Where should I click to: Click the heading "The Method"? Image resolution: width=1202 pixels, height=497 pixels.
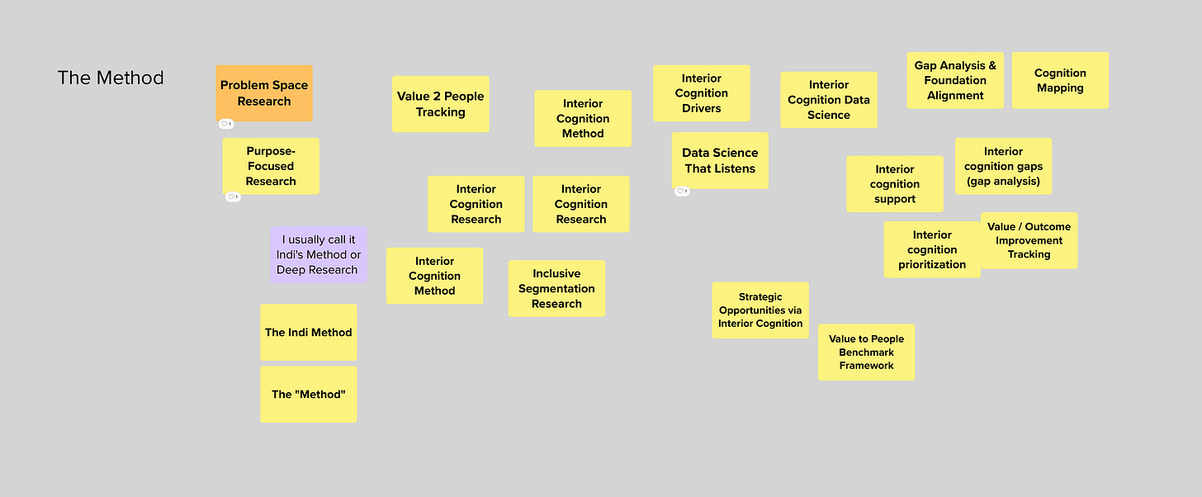(x=111, y=78)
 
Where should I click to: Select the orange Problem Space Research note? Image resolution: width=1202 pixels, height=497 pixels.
(x=264, y=92)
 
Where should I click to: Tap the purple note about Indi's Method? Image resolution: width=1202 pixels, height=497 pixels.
(x=318, y=254)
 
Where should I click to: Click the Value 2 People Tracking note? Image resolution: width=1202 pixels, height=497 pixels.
(x=441, y=103)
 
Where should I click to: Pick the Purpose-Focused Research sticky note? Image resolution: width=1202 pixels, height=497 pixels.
(x=271, y=166)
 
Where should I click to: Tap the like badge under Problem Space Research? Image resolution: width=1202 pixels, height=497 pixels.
(x=226, y=124)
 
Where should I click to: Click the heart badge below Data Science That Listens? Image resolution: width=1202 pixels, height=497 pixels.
(x=682, y=191)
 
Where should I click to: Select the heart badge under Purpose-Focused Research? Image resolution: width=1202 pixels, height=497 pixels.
(x=233, y=197)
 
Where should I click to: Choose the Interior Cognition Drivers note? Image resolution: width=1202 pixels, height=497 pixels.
(x=702, y=92)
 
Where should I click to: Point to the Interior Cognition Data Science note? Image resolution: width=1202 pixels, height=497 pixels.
(x=829, y=100)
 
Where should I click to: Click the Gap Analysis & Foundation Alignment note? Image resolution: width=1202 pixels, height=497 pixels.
(x=955, y=81)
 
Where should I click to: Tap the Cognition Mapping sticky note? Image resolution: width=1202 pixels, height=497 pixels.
(x=1060, y=81)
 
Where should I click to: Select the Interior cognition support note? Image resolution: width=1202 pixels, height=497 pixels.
(x=895, y=184)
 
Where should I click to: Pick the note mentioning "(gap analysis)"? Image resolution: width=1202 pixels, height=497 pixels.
(x=1004, y=166)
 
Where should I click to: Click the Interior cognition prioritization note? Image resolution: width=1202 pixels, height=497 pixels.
(x=932, y=249)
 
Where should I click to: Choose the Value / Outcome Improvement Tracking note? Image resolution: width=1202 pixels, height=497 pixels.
(x=1029, y=240)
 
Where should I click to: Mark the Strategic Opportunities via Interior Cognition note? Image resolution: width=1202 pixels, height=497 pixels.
(x=760, y=310)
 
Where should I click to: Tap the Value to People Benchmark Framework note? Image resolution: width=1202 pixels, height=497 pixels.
(x=867, y=352)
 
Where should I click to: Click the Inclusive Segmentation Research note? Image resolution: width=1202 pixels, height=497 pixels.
(x=556, y=289)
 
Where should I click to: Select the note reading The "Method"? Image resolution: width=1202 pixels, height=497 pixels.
(x=309, y=395)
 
